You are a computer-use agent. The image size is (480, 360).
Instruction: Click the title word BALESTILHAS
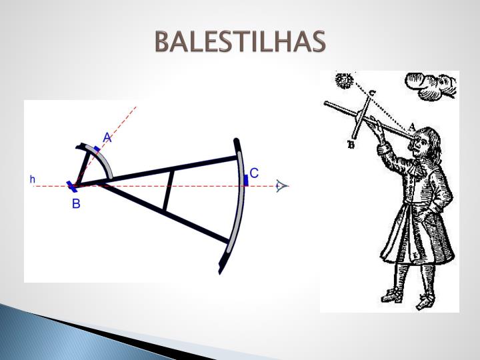(240, 41)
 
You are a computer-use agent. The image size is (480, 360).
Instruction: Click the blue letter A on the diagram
(107, 138)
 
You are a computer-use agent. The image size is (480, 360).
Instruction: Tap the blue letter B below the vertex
(76, 204)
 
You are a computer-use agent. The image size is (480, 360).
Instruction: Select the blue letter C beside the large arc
(254, 172)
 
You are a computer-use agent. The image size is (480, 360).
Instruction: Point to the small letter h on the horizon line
(32, 179)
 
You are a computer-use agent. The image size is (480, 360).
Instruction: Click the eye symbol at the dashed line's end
(282, 186)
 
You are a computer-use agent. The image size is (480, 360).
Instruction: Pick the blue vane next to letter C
(245, 178)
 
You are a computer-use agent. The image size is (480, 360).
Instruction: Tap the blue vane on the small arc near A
(98, 151)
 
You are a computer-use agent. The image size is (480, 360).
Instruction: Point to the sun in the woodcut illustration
(345, 81)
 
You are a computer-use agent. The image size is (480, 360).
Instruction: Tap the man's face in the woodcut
(421, 144)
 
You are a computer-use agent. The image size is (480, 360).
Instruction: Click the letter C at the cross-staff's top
(372, 93)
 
